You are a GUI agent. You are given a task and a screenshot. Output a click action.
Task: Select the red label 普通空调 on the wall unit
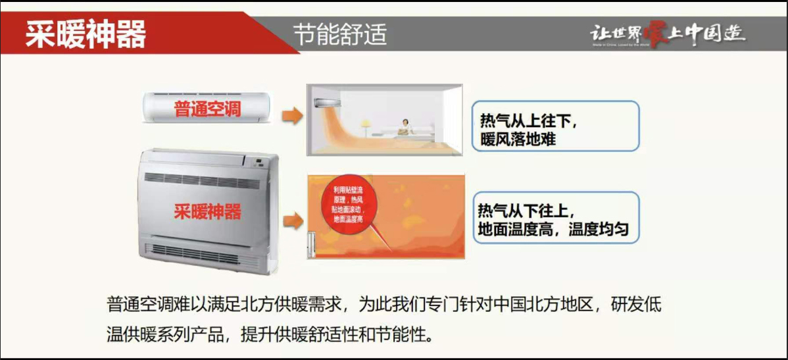207,109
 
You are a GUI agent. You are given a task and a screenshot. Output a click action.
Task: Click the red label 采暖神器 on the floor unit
207,212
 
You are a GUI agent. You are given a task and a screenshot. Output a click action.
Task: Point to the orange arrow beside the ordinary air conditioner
292,116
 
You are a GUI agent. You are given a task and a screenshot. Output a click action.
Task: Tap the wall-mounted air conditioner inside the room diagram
324,103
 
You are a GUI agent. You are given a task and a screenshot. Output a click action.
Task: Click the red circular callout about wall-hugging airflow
348,205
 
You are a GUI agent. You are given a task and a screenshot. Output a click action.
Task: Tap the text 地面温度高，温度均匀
553,230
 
